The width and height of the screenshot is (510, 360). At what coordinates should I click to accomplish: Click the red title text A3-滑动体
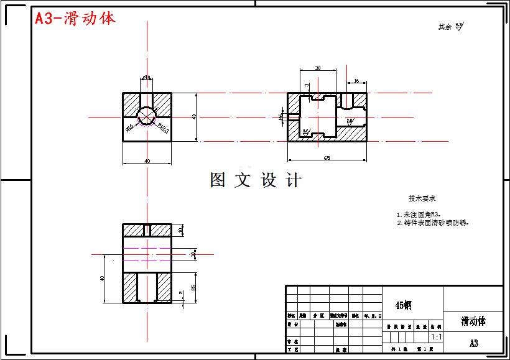(x=75, y=19)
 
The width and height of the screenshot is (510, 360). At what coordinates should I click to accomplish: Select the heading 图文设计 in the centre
(x=256, y=180)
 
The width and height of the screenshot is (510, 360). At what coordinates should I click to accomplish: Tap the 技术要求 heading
(x=422, y=199)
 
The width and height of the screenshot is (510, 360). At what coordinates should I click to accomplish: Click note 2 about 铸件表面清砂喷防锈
(x=432, y=222)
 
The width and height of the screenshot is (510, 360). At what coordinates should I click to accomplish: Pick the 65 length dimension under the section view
(x=327, y=159)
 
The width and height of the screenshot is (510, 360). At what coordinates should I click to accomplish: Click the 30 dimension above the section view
(x=318, y=68)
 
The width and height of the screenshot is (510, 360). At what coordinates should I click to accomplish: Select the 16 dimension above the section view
(x=356, y=81)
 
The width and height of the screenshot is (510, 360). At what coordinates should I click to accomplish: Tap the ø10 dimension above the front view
(x=147, y=77)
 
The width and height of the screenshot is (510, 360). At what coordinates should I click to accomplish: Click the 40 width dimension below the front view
(x=147, y=162)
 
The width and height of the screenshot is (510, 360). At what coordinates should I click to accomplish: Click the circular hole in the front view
(x=147, y=116)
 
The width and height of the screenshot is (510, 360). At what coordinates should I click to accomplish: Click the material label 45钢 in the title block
(x=403, y=305)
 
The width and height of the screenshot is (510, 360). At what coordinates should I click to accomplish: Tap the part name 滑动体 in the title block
(x=473, y=321)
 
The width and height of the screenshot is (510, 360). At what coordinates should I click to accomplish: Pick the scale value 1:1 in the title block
(x=436, y=337)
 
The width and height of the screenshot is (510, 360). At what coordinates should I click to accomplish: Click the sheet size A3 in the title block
(x=473, y=343)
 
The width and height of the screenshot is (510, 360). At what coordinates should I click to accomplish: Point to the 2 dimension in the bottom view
(x=180, y=293)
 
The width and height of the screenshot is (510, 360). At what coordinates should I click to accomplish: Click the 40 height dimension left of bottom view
(x=102, y=278)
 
